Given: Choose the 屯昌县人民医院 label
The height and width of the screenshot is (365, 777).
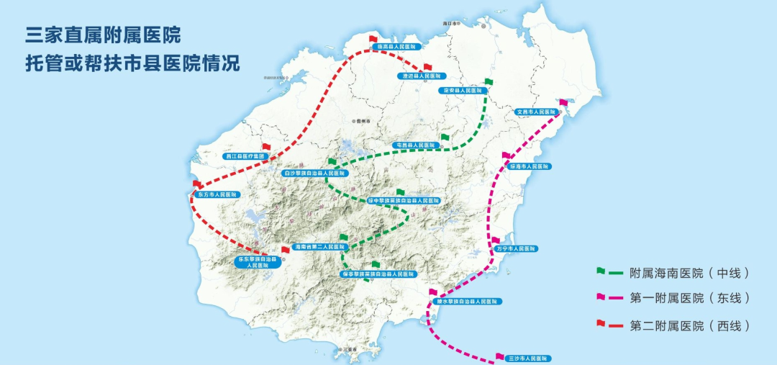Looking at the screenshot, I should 416,145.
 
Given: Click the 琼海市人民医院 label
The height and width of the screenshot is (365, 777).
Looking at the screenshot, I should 530,166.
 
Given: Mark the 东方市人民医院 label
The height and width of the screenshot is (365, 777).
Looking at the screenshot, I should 217,195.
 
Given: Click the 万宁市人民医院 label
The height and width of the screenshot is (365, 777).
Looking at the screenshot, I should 516,248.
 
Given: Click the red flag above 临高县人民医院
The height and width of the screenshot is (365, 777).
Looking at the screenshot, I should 373,39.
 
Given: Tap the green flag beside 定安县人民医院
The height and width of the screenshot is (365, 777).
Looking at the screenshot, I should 489,82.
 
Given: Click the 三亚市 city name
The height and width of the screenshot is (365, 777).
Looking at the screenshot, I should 350,350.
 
